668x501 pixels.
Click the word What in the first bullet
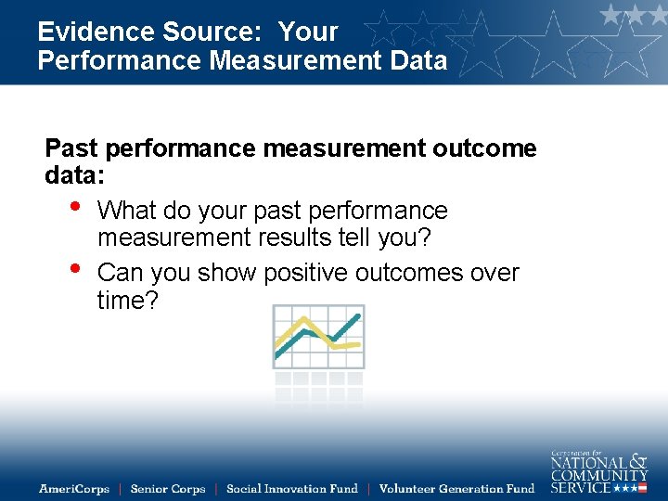tap(126, 211)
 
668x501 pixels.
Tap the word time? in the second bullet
tap(128, 300)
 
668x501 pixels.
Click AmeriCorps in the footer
tap(74, 489)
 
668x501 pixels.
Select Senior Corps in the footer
tap(168, 489)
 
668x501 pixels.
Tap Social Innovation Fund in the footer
tap(291, 489)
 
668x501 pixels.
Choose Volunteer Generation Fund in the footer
tap(456, 489)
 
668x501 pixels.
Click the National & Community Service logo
tap(598, 471)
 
